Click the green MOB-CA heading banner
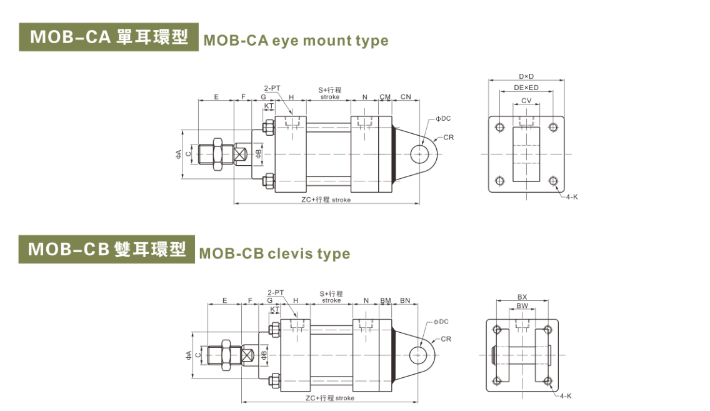coord(109,37)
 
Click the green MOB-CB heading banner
coord(107,249)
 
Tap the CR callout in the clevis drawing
coord(446,339)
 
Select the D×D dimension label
coord(526,76)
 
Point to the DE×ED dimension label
coord(526,88)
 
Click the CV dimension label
coord(526,100)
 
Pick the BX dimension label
coord(522,297)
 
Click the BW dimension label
coord(522,306)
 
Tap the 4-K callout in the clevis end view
coord(565,396)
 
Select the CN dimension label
coord(406,97)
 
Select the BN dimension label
coord(405,300)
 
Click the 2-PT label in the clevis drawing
coord(275,292)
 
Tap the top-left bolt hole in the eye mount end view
coord(499,128)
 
